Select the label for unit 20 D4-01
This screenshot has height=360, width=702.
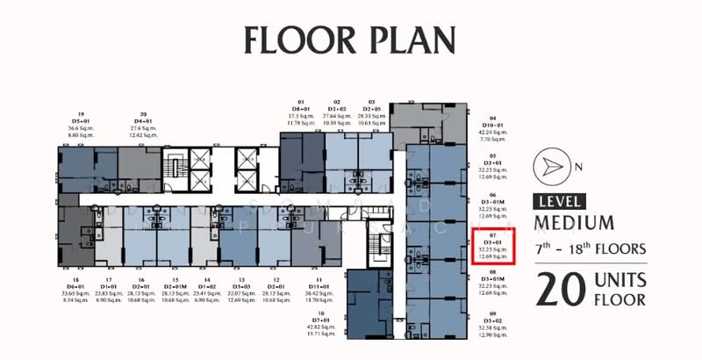[x=140, y=126]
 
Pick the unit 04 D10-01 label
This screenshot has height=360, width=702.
[x=492, y=128]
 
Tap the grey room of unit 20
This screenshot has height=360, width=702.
[x=140, y=162]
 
